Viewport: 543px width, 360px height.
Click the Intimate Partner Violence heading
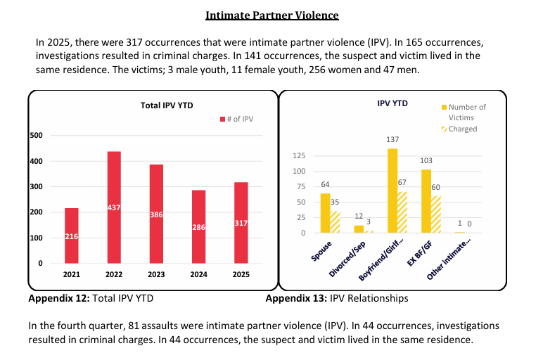[271, 15]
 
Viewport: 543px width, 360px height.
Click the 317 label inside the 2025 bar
[241, 223]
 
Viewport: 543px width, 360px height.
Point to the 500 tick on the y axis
[36, 136]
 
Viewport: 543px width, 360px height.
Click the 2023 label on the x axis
[156, 274]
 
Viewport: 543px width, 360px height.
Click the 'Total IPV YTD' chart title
[167, 105]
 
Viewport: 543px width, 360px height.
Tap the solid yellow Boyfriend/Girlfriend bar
[392, 190]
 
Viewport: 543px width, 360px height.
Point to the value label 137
[392, 141]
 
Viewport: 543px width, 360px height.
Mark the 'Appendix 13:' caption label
[295, 299]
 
